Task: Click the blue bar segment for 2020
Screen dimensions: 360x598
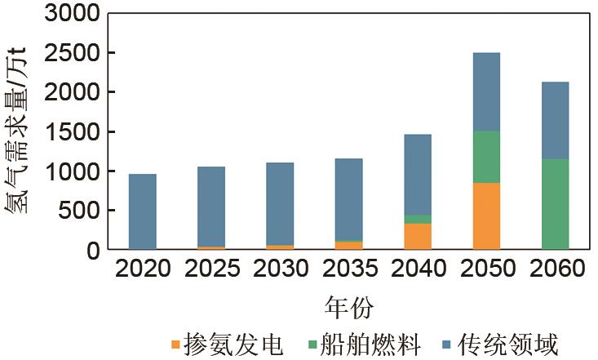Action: click(x=142, y=211)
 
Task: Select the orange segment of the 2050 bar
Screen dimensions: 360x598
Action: click(x=486, y=216)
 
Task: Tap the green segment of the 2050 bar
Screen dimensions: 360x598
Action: click(x=486, y=157)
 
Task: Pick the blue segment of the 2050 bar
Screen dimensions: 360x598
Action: click(x=486, y=91)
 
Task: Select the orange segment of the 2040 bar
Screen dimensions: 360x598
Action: click(x=418, y=236)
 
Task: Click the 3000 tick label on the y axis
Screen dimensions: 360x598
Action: click(x=69, y=15)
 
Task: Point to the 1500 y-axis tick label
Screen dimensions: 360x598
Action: click(x=69, y=132)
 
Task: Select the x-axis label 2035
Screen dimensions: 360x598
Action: click(x=348, y=269)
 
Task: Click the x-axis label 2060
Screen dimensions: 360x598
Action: click(x=555, y=269)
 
